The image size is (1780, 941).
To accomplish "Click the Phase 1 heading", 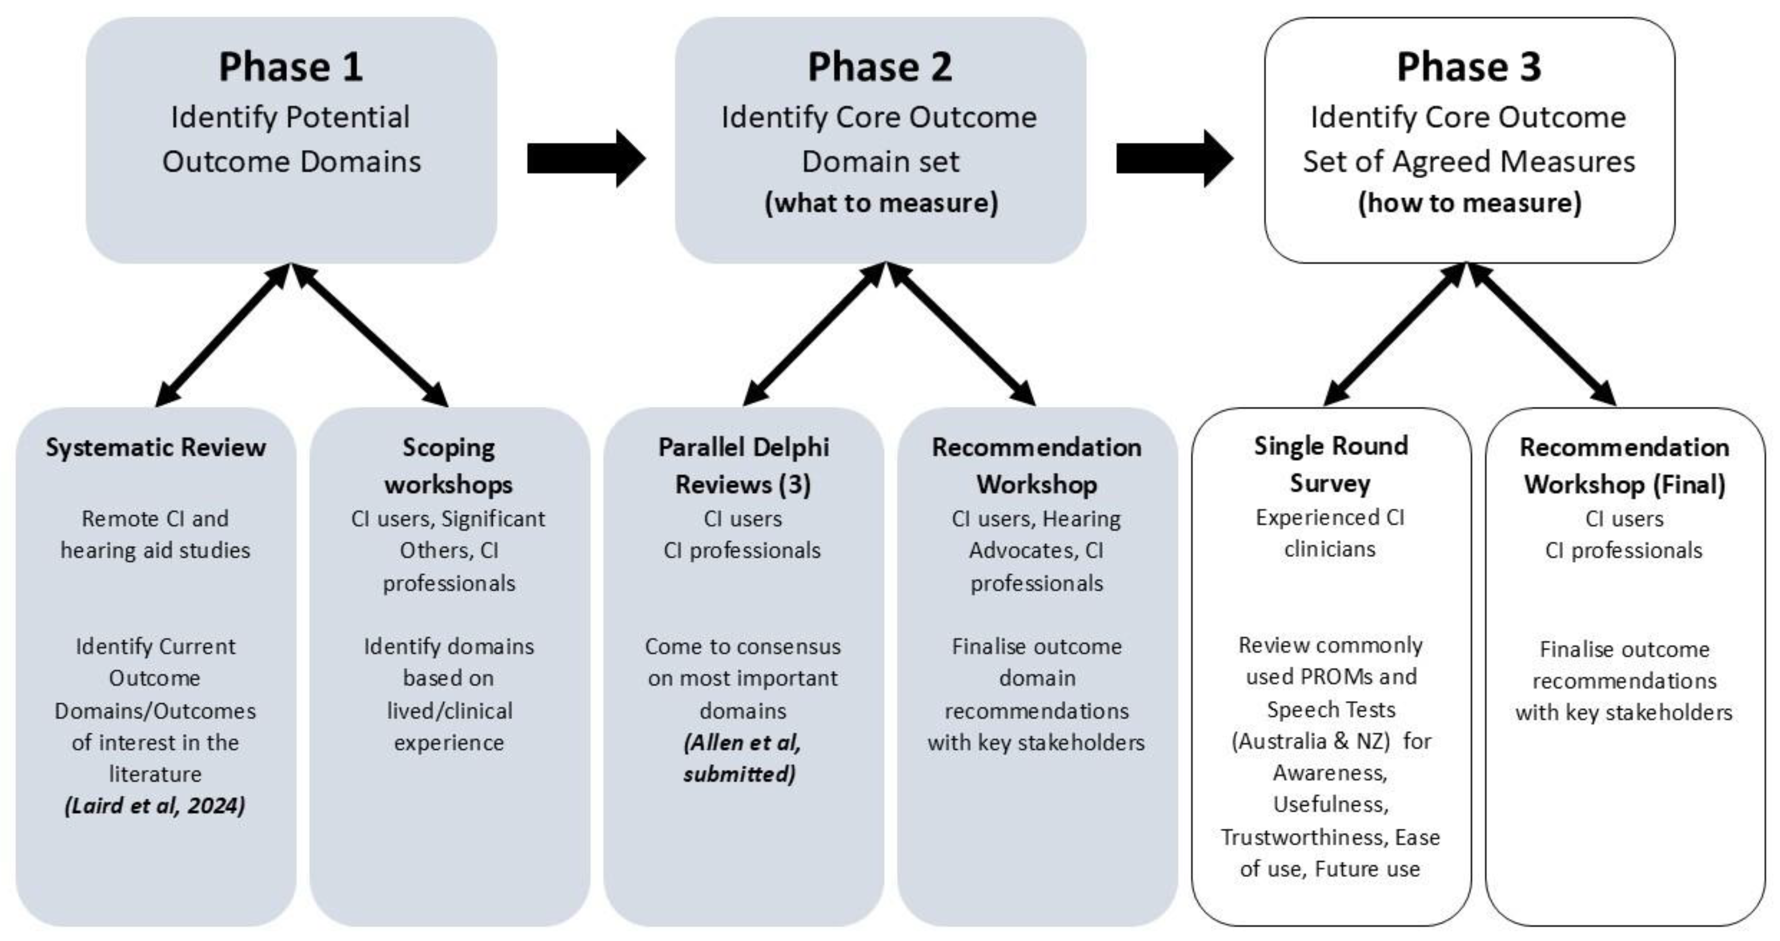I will pos(290,67).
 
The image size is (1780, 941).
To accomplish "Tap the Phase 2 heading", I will pos(879,67).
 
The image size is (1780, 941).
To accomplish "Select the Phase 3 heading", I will pos(1469,67).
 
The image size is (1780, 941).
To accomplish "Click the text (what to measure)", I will pos(881,203).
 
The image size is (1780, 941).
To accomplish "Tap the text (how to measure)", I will pos(1470,203).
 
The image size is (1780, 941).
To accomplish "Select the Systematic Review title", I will pos(156,447).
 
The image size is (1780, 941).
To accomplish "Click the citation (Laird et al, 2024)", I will pos(155,805).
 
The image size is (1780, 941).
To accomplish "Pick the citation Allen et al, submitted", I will pos(742,759).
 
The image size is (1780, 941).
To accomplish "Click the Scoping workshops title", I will pos(449,465).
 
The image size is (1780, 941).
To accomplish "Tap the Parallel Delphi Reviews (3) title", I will pos(743,465).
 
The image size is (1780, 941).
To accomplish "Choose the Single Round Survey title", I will pos(1330,464).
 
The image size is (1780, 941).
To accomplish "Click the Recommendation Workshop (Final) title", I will pos(1624,465).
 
